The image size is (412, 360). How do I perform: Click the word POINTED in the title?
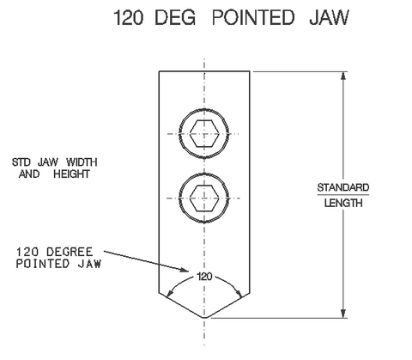pos(253,17)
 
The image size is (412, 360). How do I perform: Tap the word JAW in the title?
pos(329,17)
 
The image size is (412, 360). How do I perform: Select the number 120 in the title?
pos(129,17)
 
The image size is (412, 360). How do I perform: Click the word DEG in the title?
pos(175,17)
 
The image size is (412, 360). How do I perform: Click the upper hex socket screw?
pos(204,133)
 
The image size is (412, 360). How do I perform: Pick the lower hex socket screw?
pos(204,198)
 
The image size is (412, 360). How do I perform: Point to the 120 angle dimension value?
pos(204,277)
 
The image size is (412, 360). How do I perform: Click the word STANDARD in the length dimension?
pos(343,187)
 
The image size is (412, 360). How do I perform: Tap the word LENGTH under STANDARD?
pos(343,203)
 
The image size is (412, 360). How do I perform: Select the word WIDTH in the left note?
pos(82,162)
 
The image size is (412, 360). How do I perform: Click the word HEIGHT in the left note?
pos(71,174)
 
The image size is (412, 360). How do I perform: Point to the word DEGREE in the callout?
pos(70,252)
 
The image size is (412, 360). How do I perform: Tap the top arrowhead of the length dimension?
pos(343,75)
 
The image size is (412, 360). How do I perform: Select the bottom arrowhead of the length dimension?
pos(343,314)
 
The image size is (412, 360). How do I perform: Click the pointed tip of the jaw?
pos(204,318)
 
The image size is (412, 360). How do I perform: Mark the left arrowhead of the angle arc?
pos(169,293)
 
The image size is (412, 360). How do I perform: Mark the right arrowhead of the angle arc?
pos(239,293)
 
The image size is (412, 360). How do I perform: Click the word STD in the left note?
pos(21,162)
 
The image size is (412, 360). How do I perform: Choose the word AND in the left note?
pos(29,174)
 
